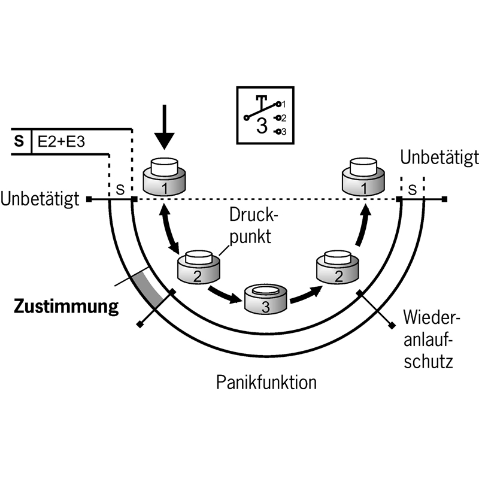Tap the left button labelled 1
[x=164, y=177]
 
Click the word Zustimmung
[x=66, y=308]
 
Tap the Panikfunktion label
[x=267, y=381]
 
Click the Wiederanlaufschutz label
[x=428, y=339]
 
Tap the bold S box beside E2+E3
[x=19, y=143]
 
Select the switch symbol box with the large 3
[x=263, y=116]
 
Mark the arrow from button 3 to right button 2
[x=305, y=293]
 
